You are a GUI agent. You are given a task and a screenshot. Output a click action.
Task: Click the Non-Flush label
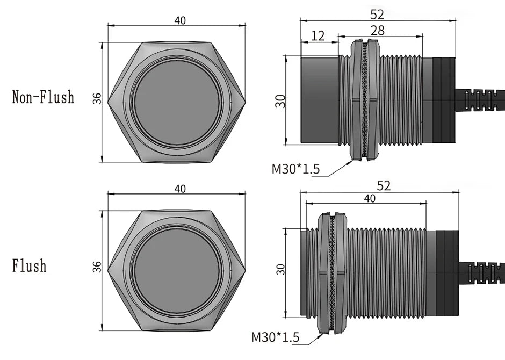tap(43, 97)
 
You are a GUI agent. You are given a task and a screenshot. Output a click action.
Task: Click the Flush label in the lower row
tap(30, 266)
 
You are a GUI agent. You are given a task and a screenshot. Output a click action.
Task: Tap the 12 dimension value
tap(318, 36)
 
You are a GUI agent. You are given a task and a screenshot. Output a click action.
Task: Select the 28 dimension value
tap(378, 31)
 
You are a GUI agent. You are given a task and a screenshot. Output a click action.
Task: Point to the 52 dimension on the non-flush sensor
tap(377, 15)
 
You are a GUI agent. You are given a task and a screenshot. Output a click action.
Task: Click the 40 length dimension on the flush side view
tap(370, 198)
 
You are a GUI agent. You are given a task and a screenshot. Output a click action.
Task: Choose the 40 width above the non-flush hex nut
tap(180, 20)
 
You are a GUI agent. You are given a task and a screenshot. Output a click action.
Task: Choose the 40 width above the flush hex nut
tap(180, 189)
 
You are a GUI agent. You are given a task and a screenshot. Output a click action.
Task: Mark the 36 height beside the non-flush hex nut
tap(97, 98)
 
